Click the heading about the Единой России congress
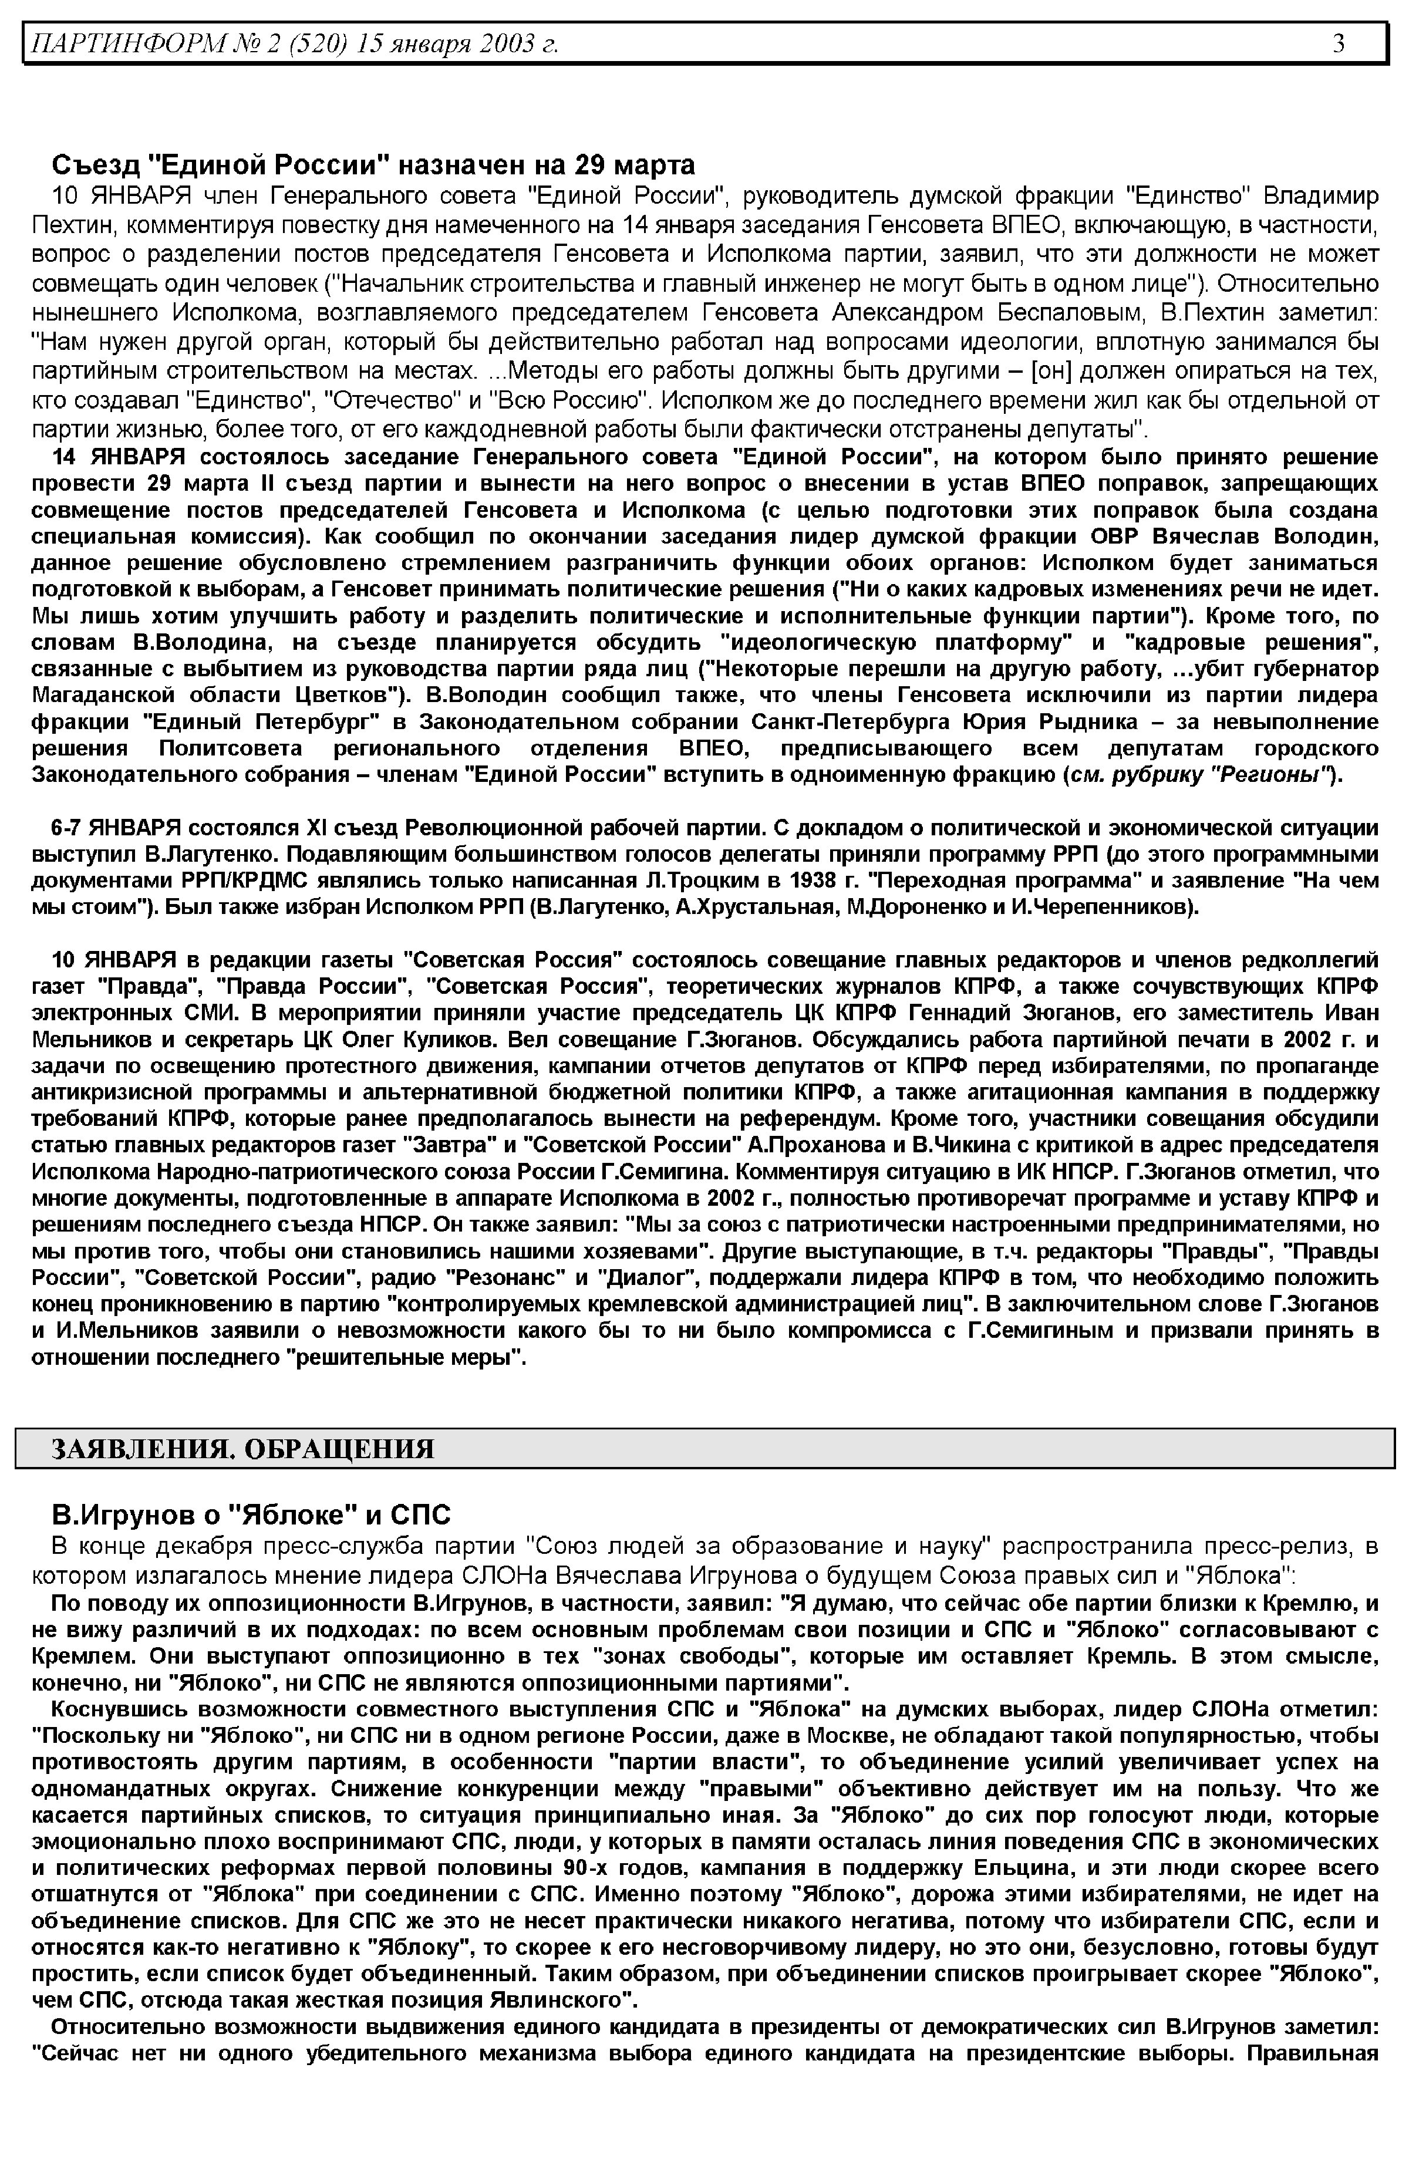coord(373,165)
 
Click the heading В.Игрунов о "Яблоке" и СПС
coord(252,1515)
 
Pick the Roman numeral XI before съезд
coord(316,828)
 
